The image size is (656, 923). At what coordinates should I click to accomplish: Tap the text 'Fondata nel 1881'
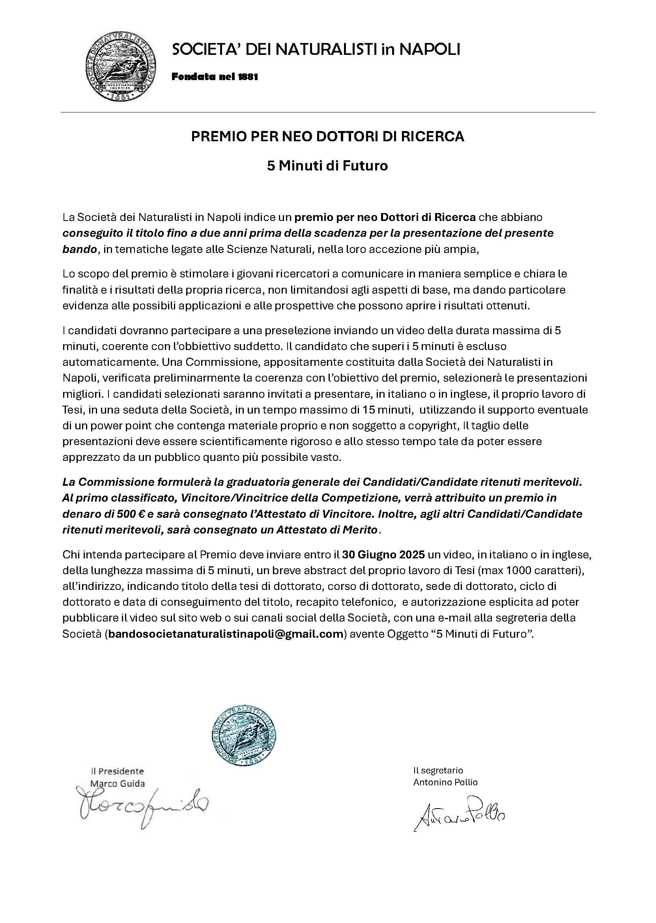pyautogui.click(x=215, y=77)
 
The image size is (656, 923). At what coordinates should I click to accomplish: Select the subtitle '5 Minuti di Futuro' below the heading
pyautogui.click(x=327, y=166)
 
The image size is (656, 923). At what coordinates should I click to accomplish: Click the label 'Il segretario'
pyautogui.click(x=438, y=770)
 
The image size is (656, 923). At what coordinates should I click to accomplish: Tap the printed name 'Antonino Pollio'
pyautogui.click(x=445, y=782)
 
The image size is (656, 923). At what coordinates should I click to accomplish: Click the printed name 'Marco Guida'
pyautogui.click(x=117, y=784)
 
